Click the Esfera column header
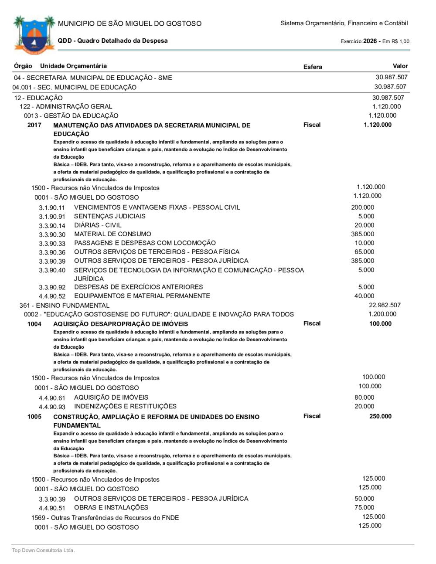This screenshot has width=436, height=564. tap(313, 67)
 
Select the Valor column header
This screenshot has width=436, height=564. tap(400, 66)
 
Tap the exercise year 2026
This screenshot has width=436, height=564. tap(370, 41)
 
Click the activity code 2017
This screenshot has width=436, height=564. tap(34, 125)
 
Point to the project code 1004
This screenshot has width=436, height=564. tap(34, 324)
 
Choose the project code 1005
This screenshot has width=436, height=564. tap(34, 417)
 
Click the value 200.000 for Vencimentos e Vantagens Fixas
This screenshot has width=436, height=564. tap(362, 207)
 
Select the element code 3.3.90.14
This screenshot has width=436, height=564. tap(52, 226)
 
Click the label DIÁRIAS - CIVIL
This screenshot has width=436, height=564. tap(98, 225)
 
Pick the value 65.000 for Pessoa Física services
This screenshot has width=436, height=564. tap(364, 252)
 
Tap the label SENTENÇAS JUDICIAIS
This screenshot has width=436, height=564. tap(110, 216)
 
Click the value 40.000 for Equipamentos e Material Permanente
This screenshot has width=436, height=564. tap(364, 296)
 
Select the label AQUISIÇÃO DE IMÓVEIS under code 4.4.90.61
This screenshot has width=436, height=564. tap(111, 398)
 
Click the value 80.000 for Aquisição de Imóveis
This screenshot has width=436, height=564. tap(364, 398)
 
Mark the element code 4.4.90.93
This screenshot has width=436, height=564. tap(52, 407)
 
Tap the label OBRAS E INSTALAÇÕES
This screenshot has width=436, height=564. tap(111, 507)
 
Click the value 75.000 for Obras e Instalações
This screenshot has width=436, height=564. tap(364, 507)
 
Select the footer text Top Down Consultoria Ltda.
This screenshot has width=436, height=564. tap(44, 550)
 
